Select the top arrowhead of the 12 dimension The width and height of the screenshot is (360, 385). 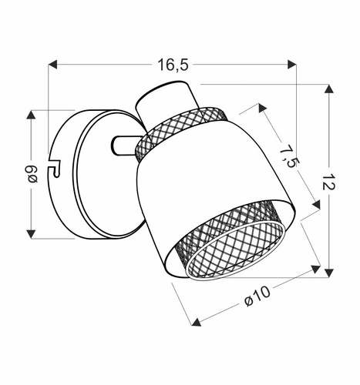[329, 90]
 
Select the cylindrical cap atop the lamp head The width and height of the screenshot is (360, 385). [163, 102]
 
